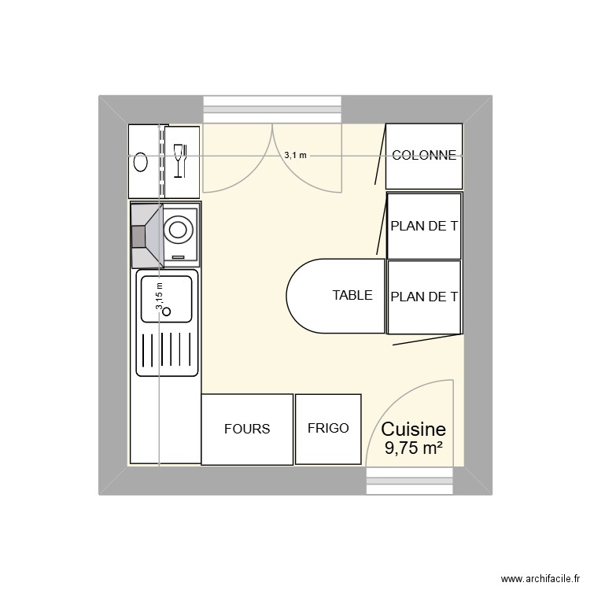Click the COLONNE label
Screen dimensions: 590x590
pos(423,156)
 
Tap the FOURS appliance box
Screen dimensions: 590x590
pos(247,429)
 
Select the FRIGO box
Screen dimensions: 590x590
pos(328,429)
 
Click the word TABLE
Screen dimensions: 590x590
pos(352,296)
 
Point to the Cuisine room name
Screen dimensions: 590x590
pos(413,430)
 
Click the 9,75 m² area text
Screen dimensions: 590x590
pos(413,448)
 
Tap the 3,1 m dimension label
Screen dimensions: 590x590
pos(296,156)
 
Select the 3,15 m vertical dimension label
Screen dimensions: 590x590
pos(159,298)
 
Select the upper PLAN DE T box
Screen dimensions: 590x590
pos(424,227)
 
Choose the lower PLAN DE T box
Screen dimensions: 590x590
pos(424,297)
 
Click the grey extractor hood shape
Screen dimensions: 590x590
pos(146,235)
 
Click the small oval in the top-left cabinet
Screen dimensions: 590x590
pos(141,162)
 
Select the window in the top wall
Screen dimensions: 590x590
pos(273,109)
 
